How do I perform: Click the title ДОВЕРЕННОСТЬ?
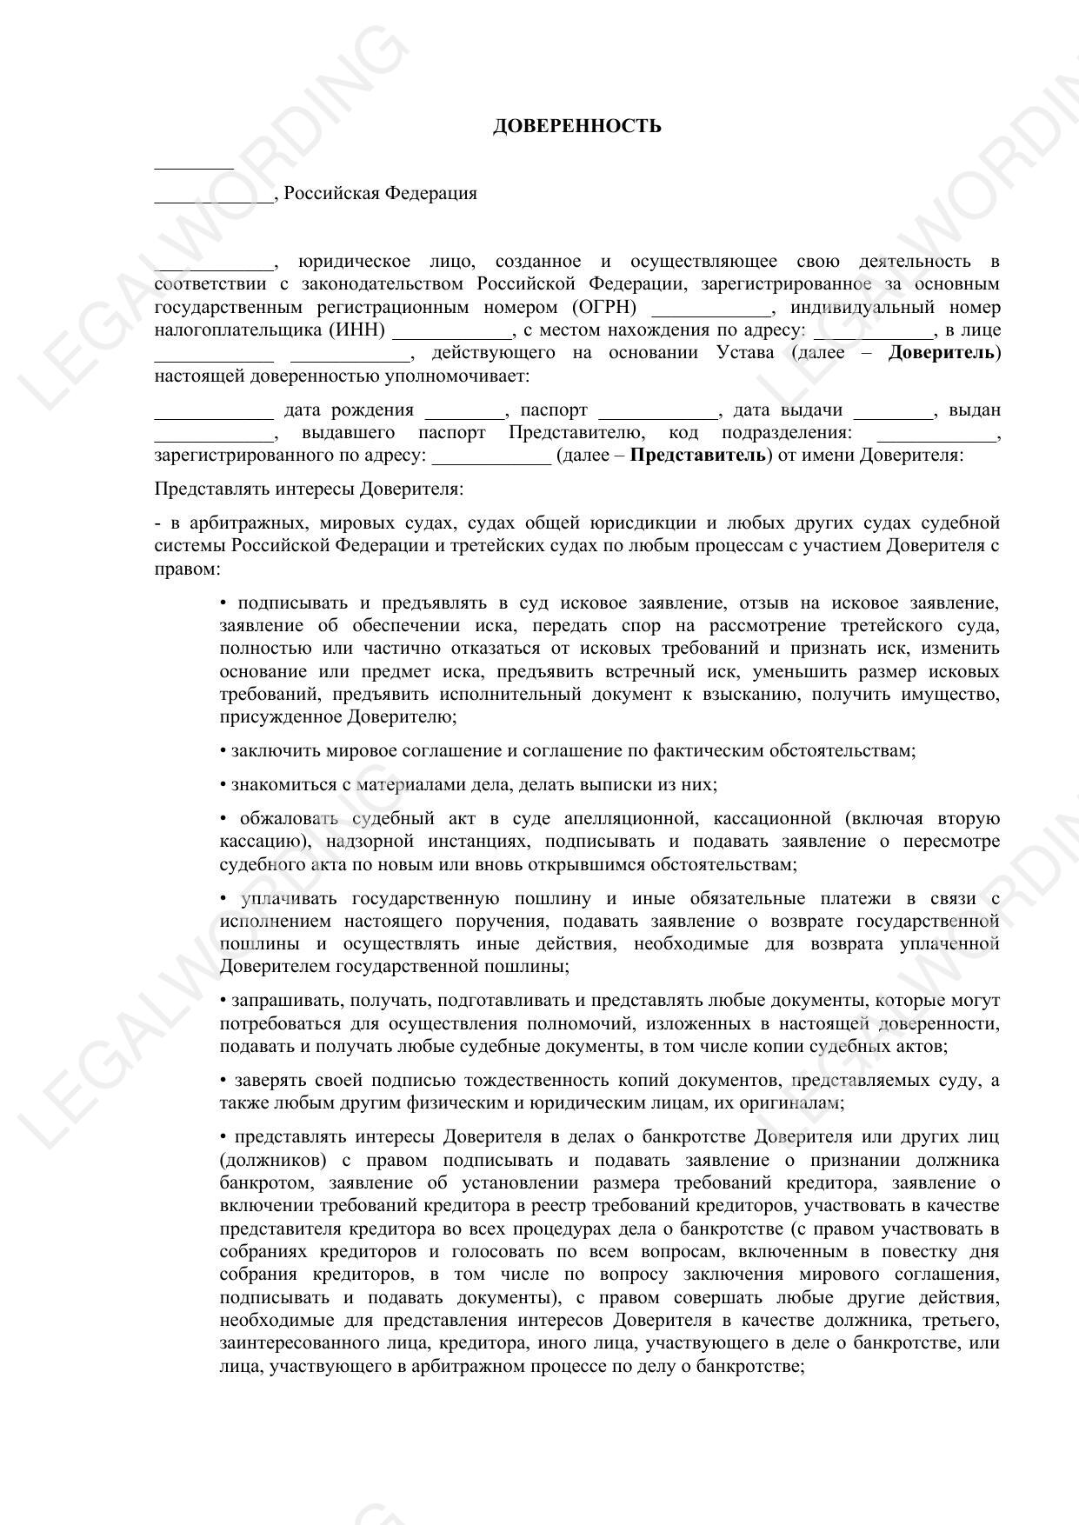pos(576,126)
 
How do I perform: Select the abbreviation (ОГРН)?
pos(604,307)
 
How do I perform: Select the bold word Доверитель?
pos(941,353)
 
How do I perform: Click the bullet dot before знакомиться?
pos(223,785)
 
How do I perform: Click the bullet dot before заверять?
pos(223,1081)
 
